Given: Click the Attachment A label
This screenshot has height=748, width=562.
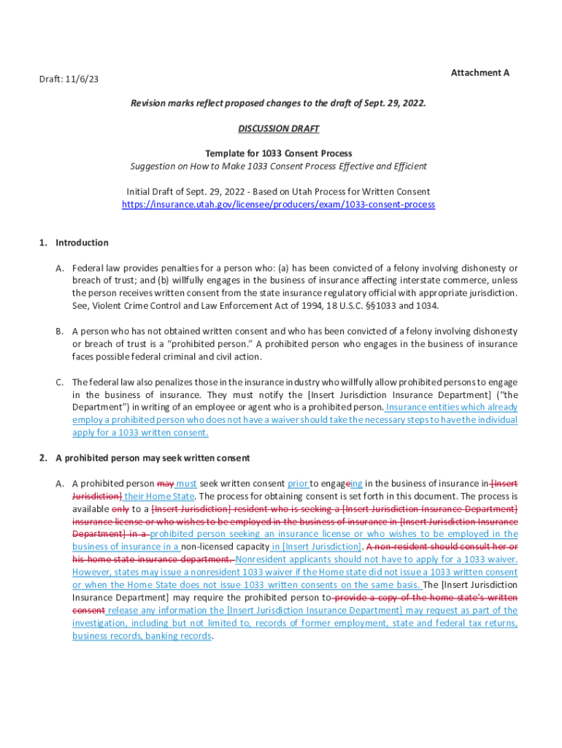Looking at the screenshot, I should coord(480,73).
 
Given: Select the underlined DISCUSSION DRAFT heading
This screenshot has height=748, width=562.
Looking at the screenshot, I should coord(278,129).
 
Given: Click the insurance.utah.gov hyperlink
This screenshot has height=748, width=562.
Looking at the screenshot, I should coord(278,205).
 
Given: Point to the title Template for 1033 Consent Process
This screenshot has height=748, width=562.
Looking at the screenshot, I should coord(278,153).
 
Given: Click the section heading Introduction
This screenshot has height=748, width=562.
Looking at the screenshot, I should coord(82,243).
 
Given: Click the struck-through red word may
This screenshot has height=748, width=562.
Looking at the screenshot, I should coord(166,484).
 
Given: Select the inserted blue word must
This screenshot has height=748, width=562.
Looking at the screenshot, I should coord(187,484).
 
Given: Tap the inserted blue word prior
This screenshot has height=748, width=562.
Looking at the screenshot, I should coord(298,484).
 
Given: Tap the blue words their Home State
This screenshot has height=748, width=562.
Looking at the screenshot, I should coord(159,497).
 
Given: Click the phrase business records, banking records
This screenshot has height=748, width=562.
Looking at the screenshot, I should coord(142,636).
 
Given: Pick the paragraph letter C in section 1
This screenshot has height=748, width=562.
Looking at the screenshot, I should coord(59,382).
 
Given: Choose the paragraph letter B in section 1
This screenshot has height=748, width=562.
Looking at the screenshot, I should coord(59,332).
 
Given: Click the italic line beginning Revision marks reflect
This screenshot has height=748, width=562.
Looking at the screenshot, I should coord(278,104).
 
